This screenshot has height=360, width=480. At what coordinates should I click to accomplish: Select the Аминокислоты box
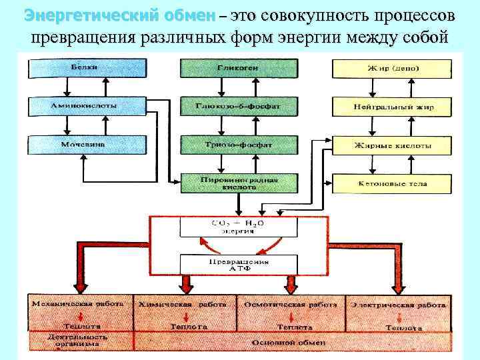pos(86,106)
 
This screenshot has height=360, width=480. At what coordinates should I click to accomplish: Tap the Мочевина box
pos(86,144)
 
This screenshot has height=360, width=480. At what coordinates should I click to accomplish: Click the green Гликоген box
pos(229,68)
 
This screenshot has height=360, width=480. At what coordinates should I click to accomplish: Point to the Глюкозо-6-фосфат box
pos(229,106)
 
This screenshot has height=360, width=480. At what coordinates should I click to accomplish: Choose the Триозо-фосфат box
pos(229,144)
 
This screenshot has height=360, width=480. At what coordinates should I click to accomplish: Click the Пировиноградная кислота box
pos(229,183)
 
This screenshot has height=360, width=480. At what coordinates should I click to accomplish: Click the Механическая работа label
pos(79,303)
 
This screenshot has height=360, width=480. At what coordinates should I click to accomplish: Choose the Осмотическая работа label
pos(290,304)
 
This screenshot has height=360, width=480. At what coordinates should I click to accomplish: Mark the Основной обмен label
pos(288,343)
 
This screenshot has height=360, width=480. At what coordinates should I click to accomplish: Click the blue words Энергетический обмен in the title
pos(119,15)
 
